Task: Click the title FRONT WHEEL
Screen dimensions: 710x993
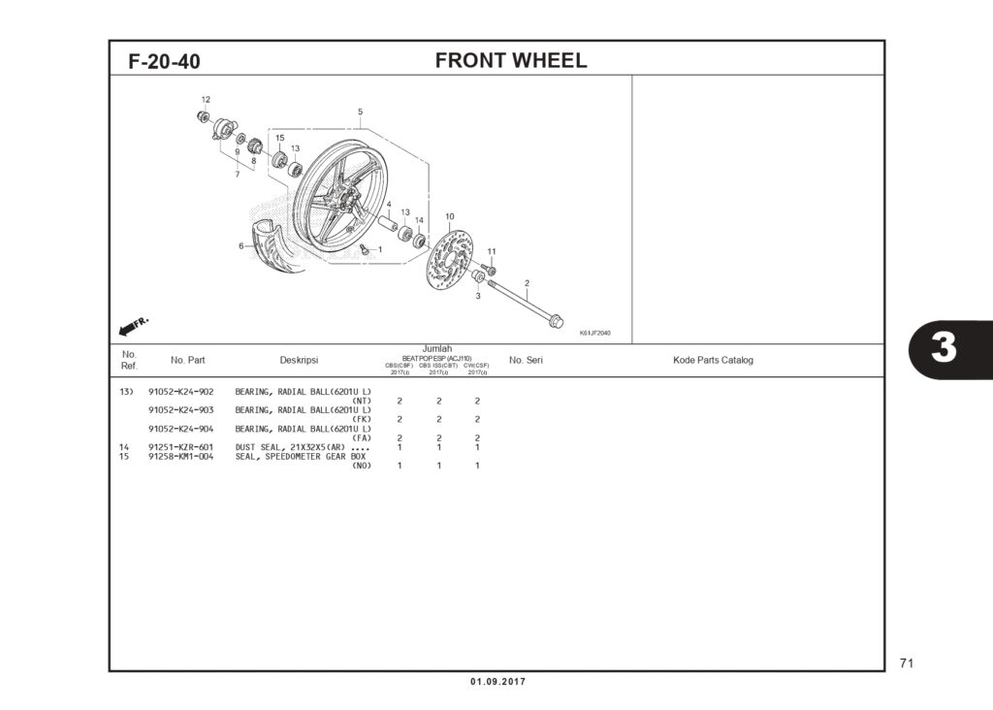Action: point(510,60)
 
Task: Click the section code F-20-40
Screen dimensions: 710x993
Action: point(164,62)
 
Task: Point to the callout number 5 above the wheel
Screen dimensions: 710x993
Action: point(360,112)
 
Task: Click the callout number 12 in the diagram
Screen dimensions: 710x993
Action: point(206,100)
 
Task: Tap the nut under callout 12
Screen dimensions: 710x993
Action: point(204,116)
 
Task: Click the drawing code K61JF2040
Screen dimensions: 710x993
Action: point(594,333)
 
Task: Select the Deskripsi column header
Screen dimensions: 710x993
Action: point(299,360)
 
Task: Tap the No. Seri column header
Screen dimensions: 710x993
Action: point(526,360)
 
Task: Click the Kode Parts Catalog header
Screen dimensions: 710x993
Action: point(713,360)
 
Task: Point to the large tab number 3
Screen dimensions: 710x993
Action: point(944,348)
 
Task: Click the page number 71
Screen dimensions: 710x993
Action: point(907,663)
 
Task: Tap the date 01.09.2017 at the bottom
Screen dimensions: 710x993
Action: point(497,682)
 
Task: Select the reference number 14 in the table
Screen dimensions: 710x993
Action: point(124,447)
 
